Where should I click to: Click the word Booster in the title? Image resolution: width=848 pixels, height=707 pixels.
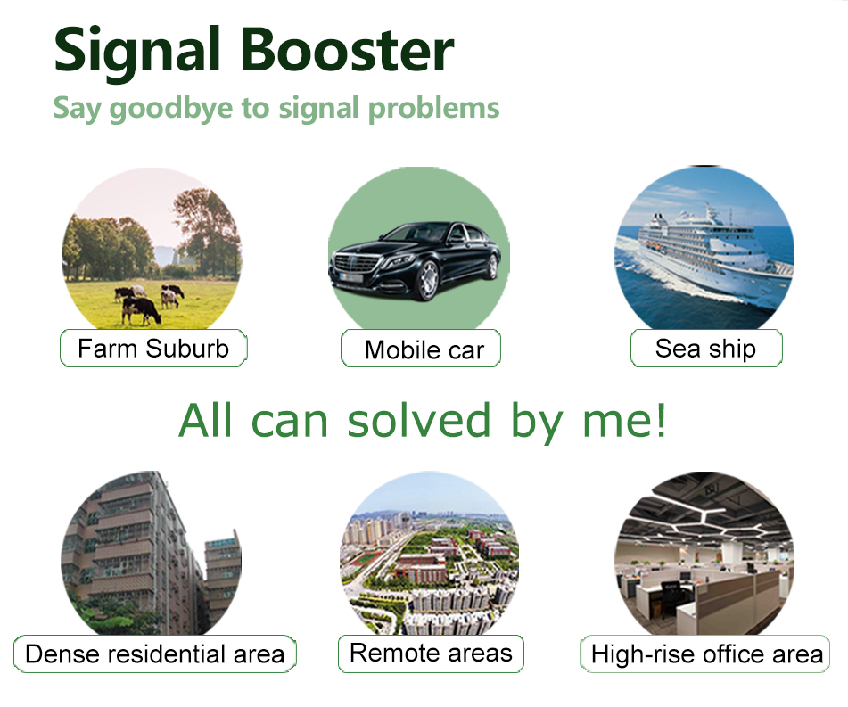(347, 50)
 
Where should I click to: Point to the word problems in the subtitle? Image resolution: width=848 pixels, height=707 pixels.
(433, 109)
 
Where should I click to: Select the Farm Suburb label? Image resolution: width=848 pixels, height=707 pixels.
(153, 349)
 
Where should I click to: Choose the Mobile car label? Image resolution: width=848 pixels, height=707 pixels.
(421, 349)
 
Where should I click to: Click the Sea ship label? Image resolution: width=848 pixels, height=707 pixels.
(706, 349)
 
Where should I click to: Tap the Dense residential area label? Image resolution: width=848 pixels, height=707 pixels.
(154, 654)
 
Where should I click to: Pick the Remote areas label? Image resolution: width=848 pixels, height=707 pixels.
(431, 654)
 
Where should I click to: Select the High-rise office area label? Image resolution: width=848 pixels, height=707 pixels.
(705, 654)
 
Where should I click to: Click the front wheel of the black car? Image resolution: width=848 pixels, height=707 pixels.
(427, 280)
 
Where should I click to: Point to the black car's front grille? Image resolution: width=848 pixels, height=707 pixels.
(356, 265)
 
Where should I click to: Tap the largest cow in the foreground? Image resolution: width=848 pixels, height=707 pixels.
(141, 310)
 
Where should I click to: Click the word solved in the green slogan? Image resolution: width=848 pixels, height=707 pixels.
(418, 420)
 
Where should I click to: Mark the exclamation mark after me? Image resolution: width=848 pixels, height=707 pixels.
(660, 420)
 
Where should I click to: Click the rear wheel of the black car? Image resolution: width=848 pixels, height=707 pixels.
(493, 267)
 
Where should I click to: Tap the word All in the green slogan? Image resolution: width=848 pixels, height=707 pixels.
(206, 420)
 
